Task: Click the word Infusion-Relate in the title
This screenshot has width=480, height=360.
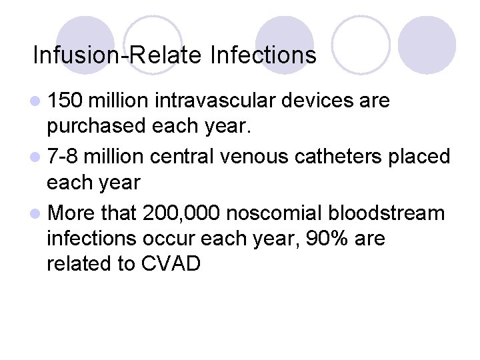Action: (116, 55)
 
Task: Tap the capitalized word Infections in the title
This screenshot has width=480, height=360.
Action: (263, 55)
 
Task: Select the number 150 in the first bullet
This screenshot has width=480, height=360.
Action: (65, 101)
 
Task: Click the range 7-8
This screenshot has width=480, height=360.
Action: (64, 157)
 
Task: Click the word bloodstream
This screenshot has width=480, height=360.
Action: (394, 213)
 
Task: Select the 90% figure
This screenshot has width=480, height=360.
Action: (321, 238)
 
